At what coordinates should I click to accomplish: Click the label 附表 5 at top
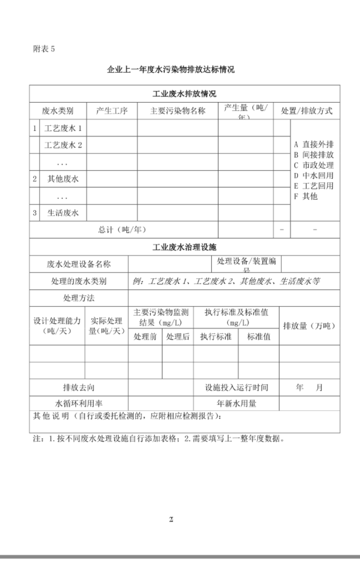44,49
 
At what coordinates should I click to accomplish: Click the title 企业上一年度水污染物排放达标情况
171,70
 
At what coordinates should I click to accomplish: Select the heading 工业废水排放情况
184,94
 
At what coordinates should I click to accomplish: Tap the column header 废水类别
58,111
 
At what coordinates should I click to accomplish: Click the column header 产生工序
112,111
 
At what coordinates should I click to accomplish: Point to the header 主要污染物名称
177,111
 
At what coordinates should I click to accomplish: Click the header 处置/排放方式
306,111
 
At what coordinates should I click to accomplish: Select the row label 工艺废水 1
63,128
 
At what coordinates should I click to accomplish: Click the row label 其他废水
63,179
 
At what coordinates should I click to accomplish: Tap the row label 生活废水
63,213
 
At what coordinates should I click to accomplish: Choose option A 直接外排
314,144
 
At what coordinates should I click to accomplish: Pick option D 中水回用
314,175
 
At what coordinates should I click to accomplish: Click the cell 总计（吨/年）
122,230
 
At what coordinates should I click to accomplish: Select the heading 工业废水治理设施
184,247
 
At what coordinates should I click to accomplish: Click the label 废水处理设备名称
79,264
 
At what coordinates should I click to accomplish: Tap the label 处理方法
79,298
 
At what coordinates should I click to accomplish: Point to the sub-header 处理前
145,336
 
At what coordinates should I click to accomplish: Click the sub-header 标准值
258,336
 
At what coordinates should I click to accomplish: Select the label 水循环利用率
79,404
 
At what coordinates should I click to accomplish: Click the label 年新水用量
236,404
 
